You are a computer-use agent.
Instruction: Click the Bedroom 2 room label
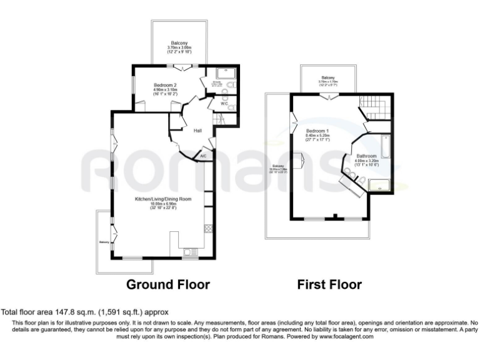166,85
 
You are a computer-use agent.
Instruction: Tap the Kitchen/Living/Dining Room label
163,199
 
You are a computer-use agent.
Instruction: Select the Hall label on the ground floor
197,131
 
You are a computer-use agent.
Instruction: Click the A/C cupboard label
203,156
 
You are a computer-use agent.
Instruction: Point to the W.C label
223,104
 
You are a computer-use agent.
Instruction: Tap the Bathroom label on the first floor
366,156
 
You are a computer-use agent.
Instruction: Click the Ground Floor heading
168,285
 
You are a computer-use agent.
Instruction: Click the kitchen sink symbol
188,252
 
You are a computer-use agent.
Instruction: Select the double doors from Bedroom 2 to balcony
183,66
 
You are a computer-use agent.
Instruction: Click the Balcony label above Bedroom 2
180,42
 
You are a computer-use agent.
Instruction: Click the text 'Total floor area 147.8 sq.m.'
47,311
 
